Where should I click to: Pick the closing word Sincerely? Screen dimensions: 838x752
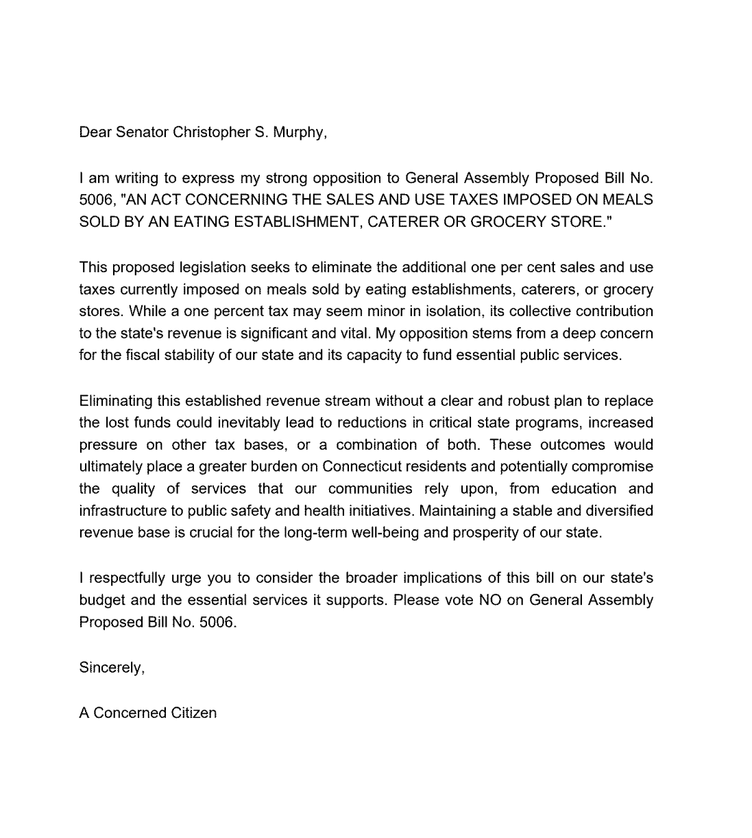tap(111, 667)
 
